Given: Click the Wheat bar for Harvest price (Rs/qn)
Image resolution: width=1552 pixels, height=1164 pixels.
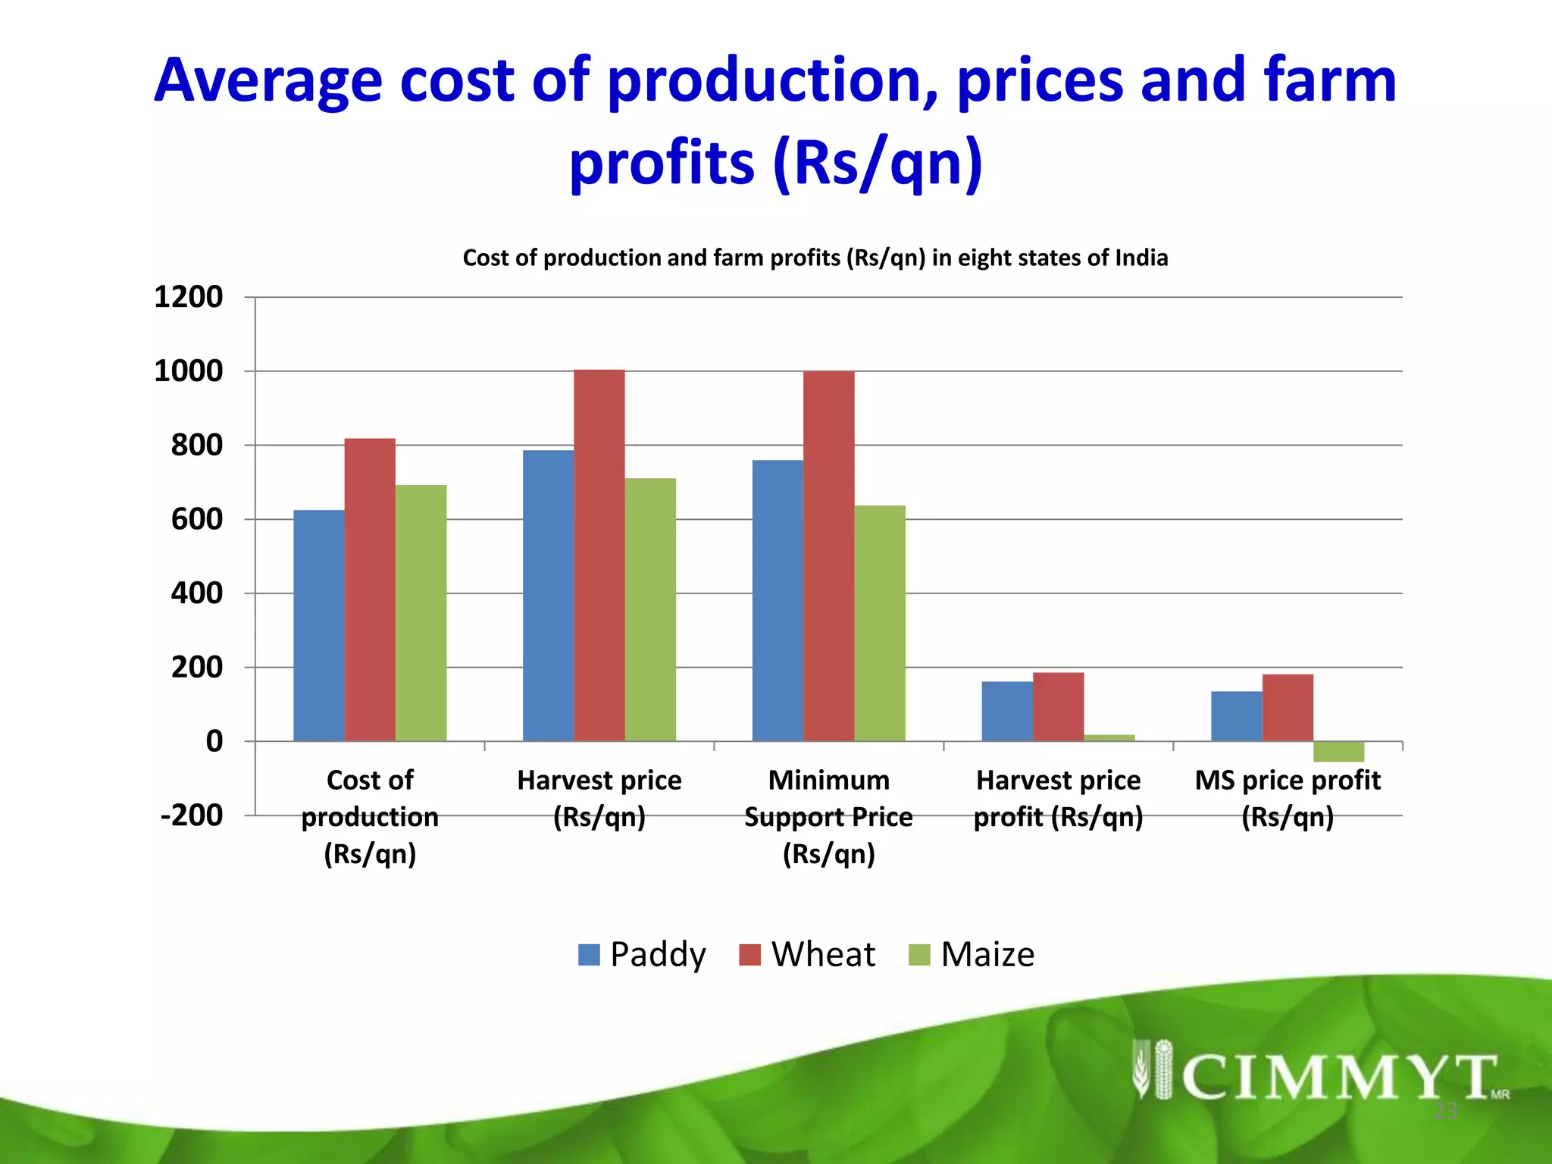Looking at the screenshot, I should click(599, 555).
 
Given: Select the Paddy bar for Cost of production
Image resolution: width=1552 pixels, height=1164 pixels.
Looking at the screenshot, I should click(318, 625).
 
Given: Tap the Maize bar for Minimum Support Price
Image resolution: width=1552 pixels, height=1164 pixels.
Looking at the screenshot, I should click(879, 623).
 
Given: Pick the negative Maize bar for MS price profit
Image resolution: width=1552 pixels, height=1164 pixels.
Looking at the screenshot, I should click(1338, 752).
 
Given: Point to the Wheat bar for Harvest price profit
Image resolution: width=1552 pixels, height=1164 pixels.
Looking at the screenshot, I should click(1058, 706).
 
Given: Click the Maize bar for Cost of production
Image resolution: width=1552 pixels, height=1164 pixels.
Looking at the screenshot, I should click(421, 612).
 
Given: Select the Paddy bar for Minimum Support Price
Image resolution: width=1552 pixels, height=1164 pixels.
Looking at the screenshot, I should click(778, 600).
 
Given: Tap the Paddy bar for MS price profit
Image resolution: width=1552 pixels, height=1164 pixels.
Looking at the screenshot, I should click(1236, 716).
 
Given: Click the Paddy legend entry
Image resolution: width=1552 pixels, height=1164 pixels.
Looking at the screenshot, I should click(643, 954).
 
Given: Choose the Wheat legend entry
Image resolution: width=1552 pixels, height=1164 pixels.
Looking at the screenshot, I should click(808, 954).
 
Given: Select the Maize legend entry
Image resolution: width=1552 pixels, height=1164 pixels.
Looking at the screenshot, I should click(972, 954).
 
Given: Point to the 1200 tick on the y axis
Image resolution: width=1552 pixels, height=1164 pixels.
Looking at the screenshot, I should click(189, 297).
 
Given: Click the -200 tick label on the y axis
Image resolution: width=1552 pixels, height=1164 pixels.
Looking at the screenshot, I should click(192, 815).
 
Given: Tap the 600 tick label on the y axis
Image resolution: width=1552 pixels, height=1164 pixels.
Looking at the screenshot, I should click(196, 519).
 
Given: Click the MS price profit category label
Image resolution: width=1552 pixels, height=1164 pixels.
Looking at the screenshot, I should click(1288, 798).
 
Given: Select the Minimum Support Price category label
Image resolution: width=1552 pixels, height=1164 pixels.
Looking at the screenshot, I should click(828, 817).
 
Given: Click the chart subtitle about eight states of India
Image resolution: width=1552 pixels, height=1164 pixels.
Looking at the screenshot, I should click(815, 258).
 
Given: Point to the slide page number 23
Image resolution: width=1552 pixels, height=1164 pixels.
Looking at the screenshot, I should click(1445, 1112).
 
